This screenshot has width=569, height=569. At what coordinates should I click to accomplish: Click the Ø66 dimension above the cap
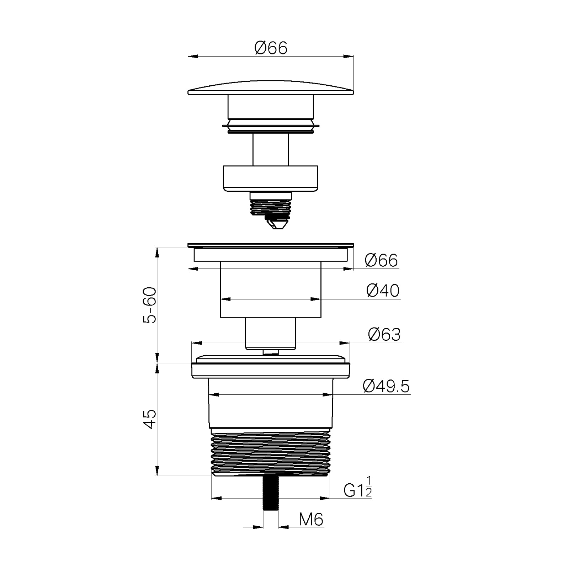(x=271, y=48)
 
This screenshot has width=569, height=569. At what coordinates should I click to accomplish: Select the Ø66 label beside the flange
(x=381, y=261)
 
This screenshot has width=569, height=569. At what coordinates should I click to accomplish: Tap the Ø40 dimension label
(x=383, y=291)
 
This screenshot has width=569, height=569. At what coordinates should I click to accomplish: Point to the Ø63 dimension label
(x=384, y=335)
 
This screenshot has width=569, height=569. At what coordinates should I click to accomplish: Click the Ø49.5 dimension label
(x=386, y=386)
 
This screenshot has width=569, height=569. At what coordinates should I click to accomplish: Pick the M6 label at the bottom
(x=311, y=520)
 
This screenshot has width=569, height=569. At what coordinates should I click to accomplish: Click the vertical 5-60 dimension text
(x=150, y=305)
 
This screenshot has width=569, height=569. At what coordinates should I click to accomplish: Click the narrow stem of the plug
(x=271, y=149)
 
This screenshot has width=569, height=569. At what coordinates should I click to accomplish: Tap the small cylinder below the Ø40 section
(x=271, y=333)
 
